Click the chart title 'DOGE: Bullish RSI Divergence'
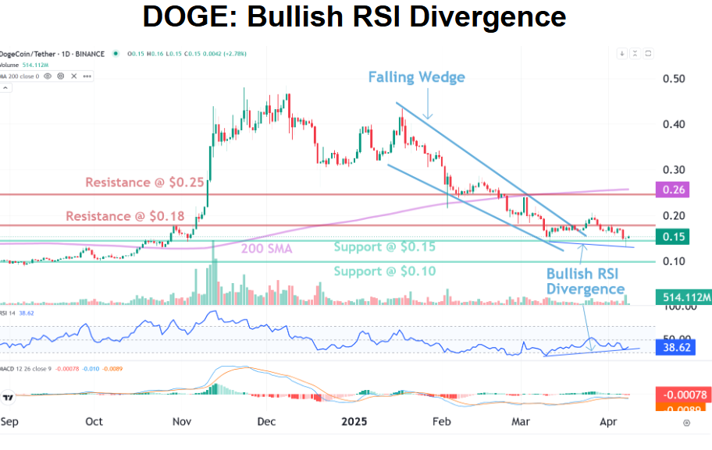click(x=354, y=16)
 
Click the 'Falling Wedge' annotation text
click(x=417, y=76)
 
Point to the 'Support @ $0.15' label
click(x=384, y=246)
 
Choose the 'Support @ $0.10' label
click(x=384, y=271)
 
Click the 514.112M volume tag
click(x=682, y=297)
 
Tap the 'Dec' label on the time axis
click(x=265, y=422)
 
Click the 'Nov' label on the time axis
click(x=182, y=422)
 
